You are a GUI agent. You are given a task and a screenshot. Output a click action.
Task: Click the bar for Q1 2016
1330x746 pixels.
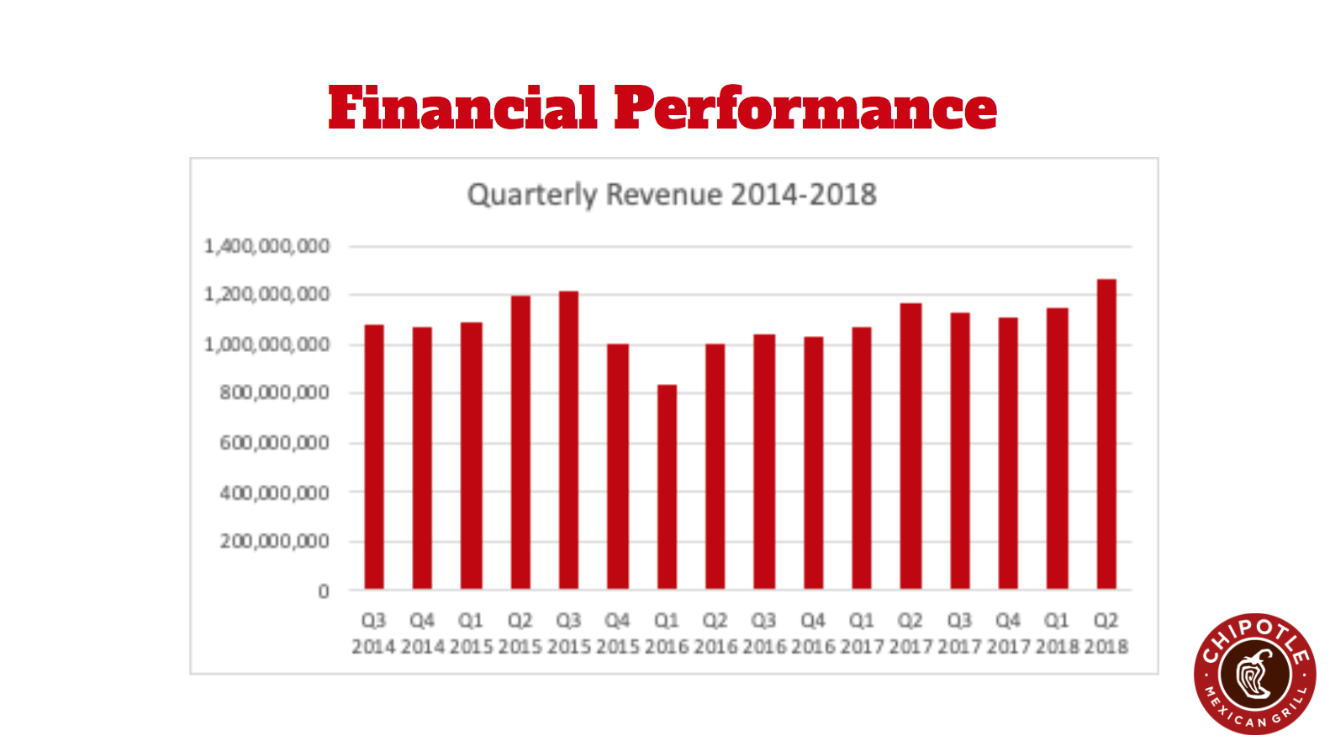[x=667, y=486]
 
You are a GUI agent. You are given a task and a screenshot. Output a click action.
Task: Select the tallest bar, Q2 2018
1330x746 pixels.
[x=1106, y=433]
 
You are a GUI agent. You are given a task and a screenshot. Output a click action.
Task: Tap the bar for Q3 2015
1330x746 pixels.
[x=568, y=439]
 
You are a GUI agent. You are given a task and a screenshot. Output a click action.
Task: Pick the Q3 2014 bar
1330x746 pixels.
[x=374, y=457]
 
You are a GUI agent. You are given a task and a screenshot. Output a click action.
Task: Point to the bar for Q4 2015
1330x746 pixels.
[x=617, y=466]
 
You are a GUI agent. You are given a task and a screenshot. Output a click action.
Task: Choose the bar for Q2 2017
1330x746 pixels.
[x=910, y=446]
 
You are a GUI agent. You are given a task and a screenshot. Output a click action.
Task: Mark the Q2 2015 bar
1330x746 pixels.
[x=520, y=442]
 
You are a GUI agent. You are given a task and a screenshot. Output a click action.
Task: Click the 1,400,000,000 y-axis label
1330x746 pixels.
[x=267, y=246]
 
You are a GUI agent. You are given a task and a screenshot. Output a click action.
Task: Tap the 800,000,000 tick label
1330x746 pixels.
[x=274, y=393]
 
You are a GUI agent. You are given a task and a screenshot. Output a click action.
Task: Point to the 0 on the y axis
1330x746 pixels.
[x=324, y=591]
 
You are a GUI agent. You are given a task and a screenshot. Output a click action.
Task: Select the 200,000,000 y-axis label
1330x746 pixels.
[x=274, y=541]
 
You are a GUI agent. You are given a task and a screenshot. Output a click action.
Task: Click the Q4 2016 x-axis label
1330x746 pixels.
[x=813, y=633]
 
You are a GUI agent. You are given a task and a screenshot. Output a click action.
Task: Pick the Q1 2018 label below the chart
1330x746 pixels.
[x=1057, y=633]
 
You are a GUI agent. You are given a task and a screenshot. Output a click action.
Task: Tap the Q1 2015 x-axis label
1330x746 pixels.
[x=471, y=633]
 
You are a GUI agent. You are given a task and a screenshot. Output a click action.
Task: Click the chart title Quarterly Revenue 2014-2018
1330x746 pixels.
[x=672, y=195]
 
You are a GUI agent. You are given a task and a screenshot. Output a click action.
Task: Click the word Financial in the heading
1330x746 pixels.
[x=462, y=108]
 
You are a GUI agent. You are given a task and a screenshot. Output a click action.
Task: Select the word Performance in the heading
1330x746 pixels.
[x=805, y=108]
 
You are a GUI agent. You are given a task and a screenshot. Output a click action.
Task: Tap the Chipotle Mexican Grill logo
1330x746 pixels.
[x=1254, y=675]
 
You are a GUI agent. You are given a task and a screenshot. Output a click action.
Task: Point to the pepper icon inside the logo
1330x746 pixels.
[x=1253, y=675]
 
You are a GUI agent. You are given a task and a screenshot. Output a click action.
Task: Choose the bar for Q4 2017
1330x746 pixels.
[x=1008, y=454]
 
